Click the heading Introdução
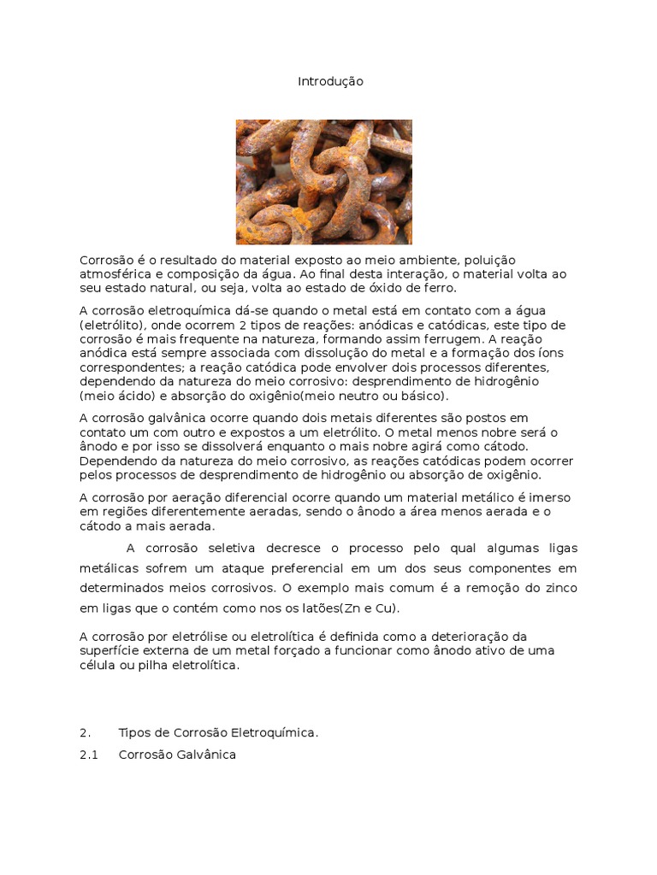tap(330, 81)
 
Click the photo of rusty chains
tap(323, 182)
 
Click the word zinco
tap(559, 589)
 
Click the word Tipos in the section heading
tap(134, 733)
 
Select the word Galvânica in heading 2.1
tap(206, 755)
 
